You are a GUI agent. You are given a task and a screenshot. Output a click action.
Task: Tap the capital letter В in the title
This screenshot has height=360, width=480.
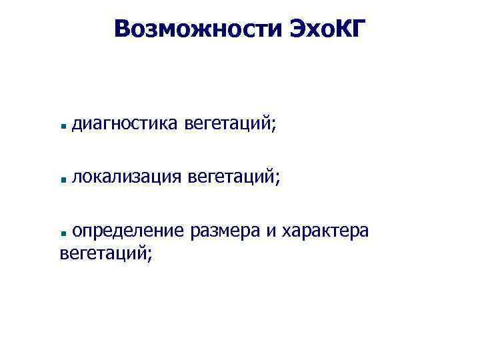click(x=122, y=29)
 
